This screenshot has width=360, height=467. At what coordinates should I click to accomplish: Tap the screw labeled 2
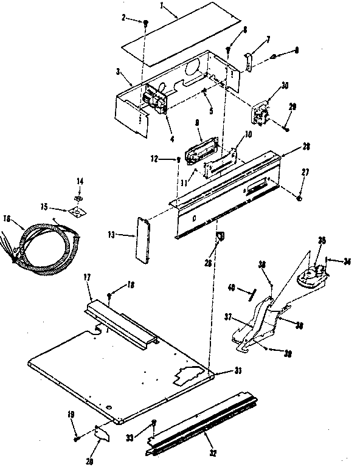pos(147,22)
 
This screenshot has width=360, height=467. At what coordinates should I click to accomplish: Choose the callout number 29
pos(292,107)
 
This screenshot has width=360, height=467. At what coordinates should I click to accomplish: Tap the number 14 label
pos(79,181)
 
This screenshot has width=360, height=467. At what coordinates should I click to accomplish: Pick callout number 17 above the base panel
pos(86,277)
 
